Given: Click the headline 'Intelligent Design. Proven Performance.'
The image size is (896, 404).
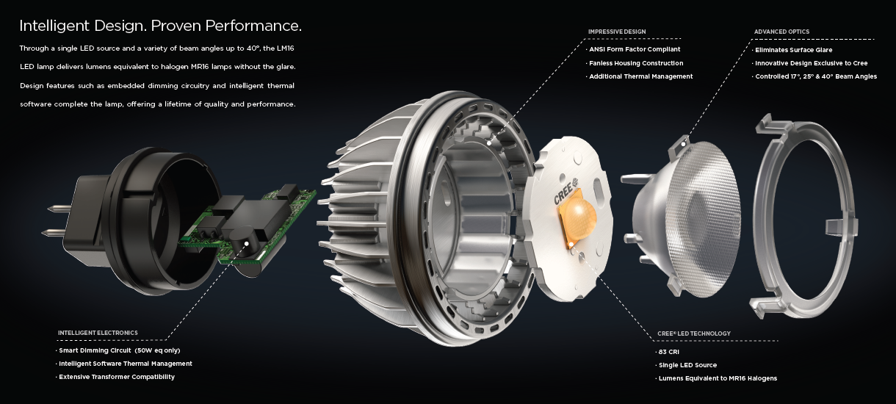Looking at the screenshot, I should tap(160, 26).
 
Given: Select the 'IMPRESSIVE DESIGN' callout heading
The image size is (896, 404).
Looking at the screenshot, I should tap(617, 32).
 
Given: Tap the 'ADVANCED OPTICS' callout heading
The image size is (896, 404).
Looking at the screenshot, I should tap(781, 32).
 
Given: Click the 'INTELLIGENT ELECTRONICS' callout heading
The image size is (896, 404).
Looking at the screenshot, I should tap(98, 333).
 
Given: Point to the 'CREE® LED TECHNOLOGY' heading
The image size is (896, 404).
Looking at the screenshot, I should tap(693, 333).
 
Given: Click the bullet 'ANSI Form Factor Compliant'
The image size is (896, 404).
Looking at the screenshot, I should tap(635, 49).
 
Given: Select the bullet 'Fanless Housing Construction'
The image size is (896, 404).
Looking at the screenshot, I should tap(636, 63).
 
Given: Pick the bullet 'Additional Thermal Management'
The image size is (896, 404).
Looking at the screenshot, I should tap(640, 76).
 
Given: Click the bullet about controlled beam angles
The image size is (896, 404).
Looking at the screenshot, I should tap(816, 76).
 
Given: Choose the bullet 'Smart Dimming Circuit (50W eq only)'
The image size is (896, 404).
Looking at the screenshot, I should tap(119, 350).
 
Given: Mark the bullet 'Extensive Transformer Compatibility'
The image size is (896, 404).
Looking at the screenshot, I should tap(117, 377).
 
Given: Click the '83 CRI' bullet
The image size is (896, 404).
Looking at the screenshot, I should tap(669, 352).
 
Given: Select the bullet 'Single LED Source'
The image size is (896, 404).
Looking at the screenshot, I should tap(687, 365).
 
